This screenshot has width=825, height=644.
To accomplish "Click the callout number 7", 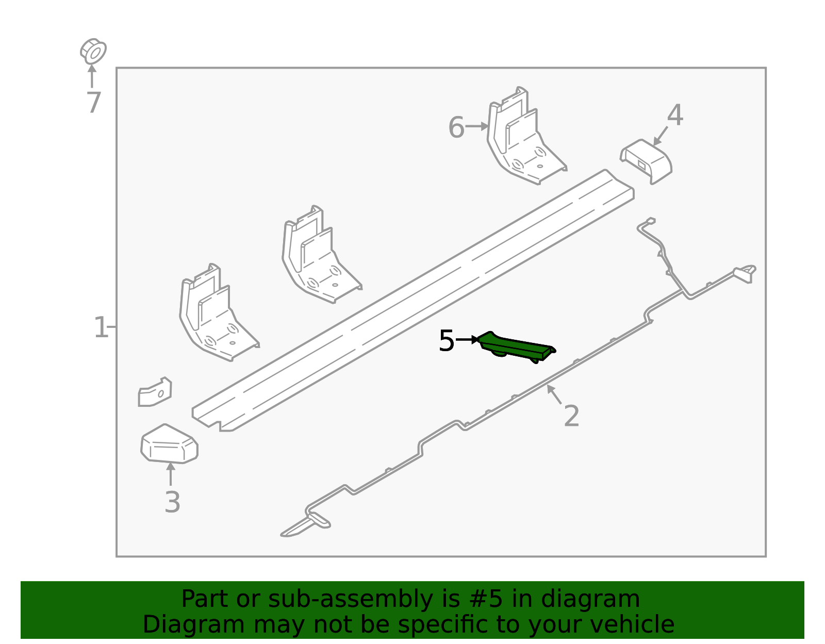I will pos(93,103).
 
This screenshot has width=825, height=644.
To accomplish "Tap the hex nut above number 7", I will pos(93,52).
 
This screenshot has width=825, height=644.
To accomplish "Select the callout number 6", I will pos(456,127).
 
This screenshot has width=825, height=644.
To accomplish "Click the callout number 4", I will pos(675,115).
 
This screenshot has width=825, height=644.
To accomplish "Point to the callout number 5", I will pos(447,341).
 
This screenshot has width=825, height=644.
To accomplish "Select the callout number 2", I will pos(571,416).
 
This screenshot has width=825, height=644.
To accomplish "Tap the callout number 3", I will pos(172,502).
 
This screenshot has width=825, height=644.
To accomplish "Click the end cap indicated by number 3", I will pos(169,444).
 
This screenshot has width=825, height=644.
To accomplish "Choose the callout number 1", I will pos(101,328).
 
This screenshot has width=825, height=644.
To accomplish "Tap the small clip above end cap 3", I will pos(154,393).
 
